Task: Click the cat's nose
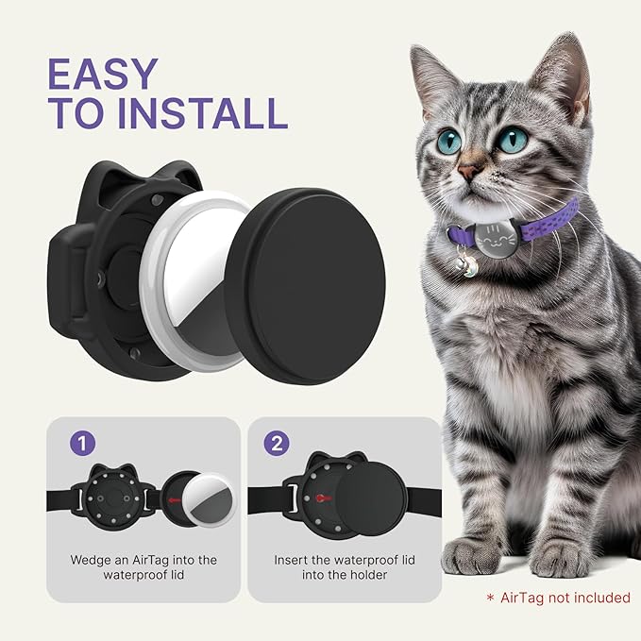(469, 173)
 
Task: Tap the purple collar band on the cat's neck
(549, 225)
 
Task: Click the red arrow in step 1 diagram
(170, 497)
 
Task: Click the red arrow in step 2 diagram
(324, 498)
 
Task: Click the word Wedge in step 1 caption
(90, 560)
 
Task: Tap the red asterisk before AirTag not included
(489, 598)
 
